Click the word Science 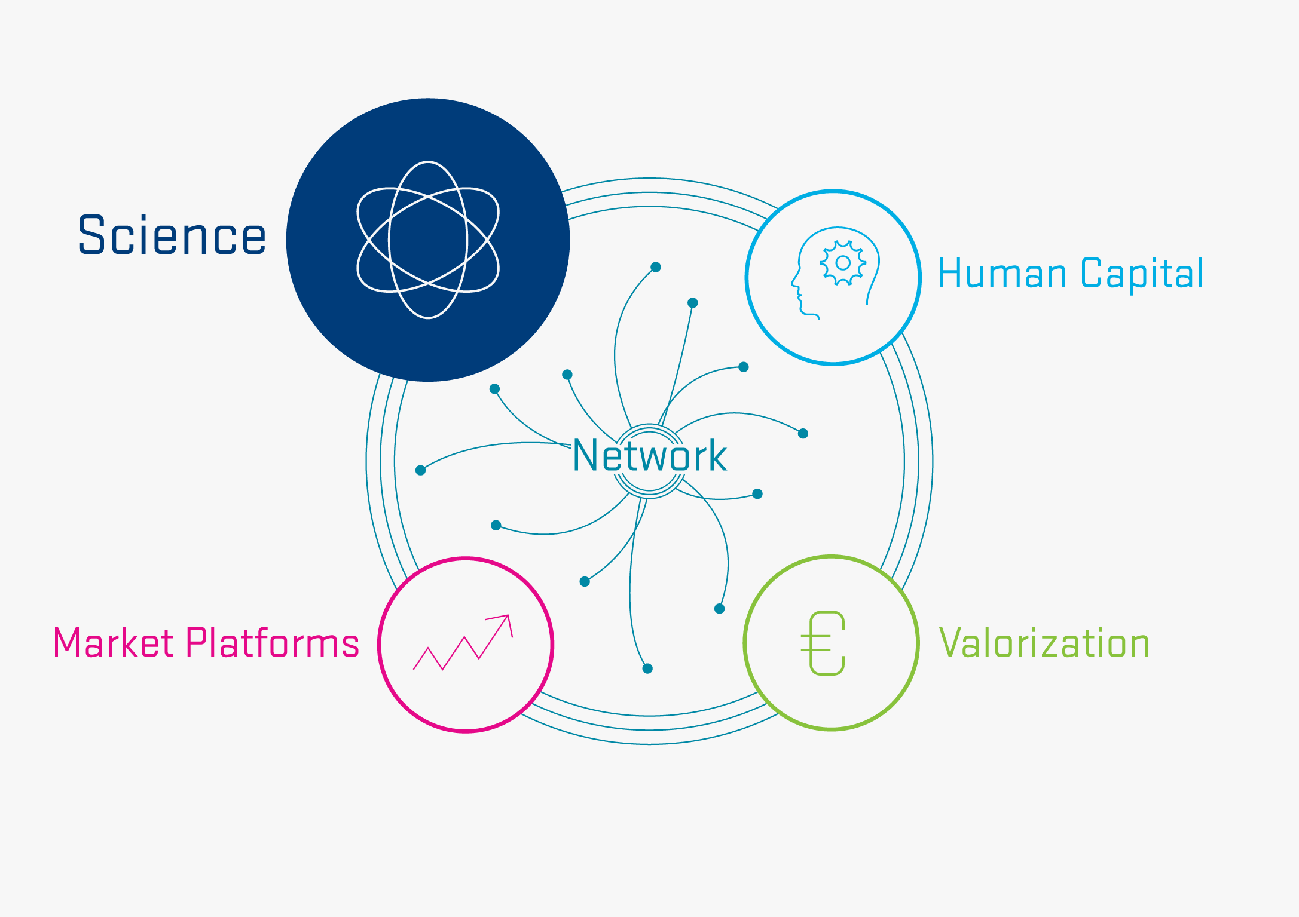coord(172,235)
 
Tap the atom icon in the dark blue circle coord(428,240)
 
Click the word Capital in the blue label coord(1142,274)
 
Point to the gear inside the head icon coord(843,263)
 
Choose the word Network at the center coord(650,456)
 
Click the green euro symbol coord(823,643)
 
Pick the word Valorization coord(1044,643)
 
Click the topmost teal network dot coord(656,267)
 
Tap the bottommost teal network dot coord(647,668)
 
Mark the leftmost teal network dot coord(420,471)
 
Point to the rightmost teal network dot coord(803,434)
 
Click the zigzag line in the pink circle coord(463,643)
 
